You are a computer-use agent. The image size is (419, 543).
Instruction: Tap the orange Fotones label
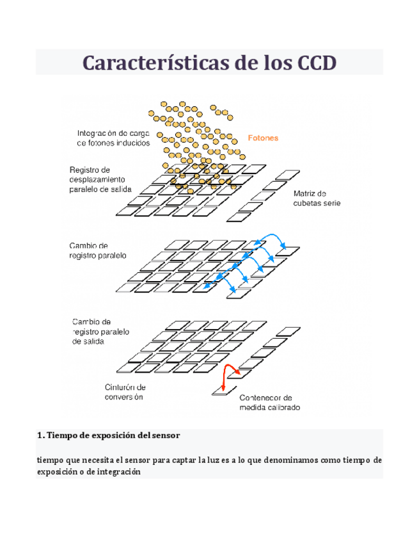(x=263, y=138)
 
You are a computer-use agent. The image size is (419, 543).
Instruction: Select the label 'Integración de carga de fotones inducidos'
(x=113, y=138)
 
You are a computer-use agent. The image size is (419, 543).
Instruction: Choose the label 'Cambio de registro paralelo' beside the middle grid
(x=98, y=250)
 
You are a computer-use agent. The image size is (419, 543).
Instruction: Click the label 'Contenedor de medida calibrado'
(x=269, y=403)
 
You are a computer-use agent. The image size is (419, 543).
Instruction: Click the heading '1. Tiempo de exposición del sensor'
(x=109, y=435)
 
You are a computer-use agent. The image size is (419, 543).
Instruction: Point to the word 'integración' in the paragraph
(x=115, y=473)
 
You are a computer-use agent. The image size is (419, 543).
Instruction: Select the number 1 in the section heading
(x=40, y=435)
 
